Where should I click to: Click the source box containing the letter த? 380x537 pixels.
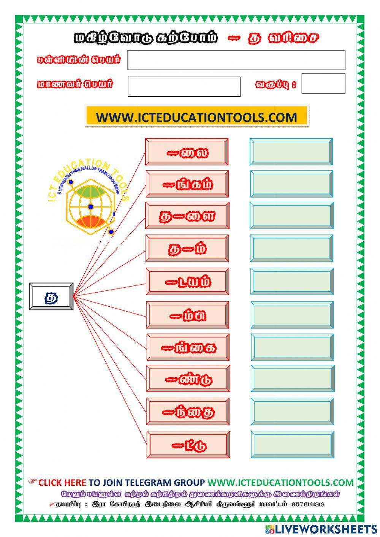51,296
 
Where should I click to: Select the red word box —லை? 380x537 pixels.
187,152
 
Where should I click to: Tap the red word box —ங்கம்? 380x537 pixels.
187,184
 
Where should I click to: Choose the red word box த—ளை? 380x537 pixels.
187,215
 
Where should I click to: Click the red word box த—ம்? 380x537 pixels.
187,248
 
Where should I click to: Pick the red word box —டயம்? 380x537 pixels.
188,282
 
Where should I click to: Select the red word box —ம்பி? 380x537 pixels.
188,315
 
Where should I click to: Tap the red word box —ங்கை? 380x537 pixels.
188,347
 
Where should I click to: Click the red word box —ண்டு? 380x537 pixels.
188,379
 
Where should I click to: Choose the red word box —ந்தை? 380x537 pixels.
188,411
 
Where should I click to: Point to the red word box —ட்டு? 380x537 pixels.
188,444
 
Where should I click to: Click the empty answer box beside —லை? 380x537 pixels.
291,152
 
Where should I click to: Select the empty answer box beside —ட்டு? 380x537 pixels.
293,445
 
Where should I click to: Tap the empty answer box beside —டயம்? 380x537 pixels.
292,282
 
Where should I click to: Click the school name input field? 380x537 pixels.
236,60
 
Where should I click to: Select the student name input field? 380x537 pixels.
184,87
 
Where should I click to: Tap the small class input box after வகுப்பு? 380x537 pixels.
323,84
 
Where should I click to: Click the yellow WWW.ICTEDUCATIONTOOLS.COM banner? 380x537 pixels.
196,117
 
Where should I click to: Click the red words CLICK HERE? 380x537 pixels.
62,483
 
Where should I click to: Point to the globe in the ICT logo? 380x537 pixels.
90,207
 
